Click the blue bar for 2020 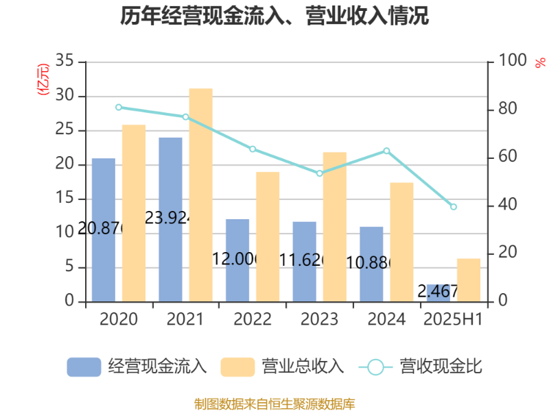(104, 229)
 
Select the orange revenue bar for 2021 (200, 195)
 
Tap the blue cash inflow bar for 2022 (237, 260)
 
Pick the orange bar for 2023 (335, 226)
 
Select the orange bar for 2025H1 (469, 279)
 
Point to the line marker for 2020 (119, 108)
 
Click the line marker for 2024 (386, 151)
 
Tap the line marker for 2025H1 (454, 207)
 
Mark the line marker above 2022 (253, 149)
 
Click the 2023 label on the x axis (319, 320)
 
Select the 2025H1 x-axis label (453, 320)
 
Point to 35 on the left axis (65, 61)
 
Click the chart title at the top (274, 15)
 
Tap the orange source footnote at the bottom (274, 403)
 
